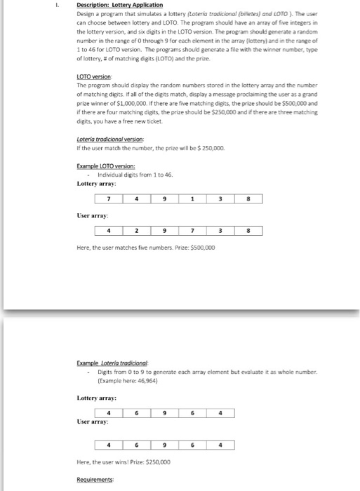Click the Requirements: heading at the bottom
click(x=96, y=481)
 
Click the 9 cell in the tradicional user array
click(x=164, y=444)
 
